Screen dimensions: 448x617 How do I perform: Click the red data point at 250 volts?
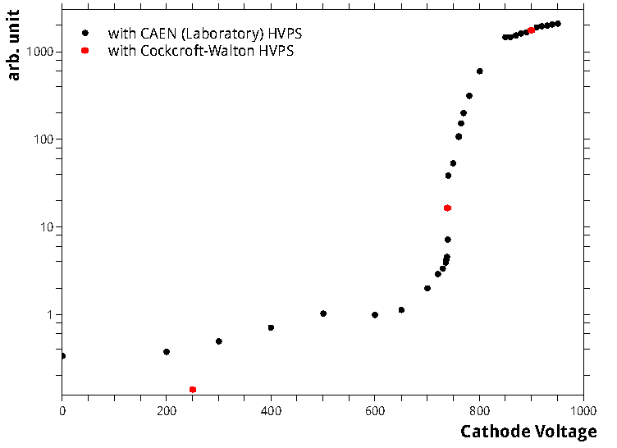click(x=193, y=389)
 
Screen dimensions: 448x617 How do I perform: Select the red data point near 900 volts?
click(x=531, y=30)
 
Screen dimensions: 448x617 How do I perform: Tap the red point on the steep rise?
click(x=447, y=208)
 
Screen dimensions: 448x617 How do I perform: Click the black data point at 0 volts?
click(x=62, y=356)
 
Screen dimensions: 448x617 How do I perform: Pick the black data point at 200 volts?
click(x=167, y=352)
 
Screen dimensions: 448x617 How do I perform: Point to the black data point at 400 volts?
click(x=271, y=327)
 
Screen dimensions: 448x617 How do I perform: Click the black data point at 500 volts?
click(x=323, y=313)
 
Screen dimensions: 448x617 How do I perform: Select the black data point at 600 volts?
click(x=375, y=315)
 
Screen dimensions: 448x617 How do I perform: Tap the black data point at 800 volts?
click(x=479, y=71)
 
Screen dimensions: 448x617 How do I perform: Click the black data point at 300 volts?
click(x=219, y=341)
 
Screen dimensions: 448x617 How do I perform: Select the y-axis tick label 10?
click(x=46, y=227)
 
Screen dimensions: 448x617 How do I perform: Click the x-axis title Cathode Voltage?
click(x=528, y=432)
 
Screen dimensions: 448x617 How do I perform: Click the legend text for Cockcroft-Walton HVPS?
click(x=201, y=51)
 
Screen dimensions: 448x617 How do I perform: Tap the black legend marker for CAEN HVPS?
click(x=85, y=34)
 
